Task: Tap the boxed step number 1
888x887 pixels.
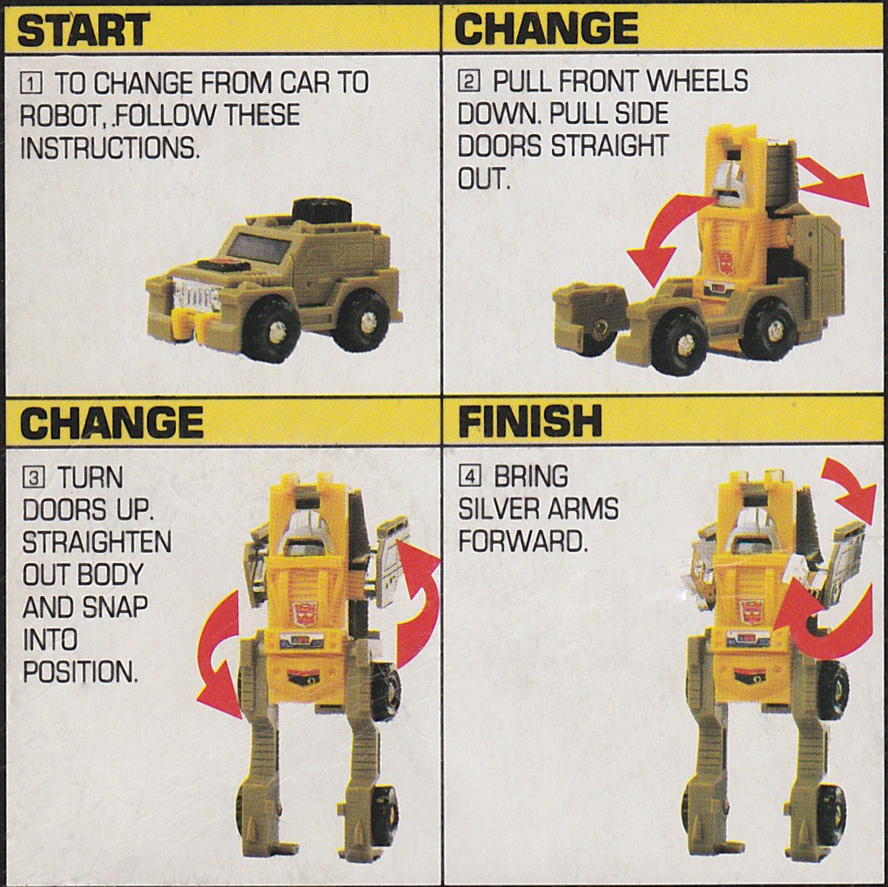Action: tap(31, 84)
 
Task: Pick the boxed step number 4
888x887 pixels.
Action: tap(470, 477)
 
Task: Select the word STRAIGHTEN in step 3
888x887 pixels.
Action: tap(97, 541)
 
